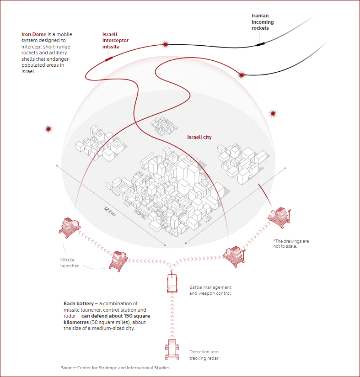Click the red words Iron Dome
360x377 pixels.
[x=34, y=34]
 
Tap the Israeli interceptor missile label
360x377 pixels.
[x=115, y=40]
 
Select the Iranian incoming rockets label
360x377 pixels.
[x=263, y=22]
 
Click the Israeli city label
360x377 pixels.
[x=199, y=137]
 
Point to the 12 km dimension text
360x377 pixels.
[x=110, y=211]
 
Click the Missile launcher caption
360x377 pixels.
[x=70, y=263]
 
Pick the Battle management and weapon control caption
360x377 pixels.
[x=210, y=290]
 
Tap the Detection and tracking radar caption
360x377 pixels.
[x=204, y=355]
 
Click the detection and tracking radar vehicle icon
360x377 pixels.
[x=172, y=349]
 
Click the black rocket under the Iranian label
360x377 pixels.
[x=260, y=44]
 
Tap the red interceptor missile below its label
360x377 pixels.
[x=109, y=58]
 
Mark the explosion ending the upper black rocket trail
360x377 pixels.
[x=166, y=44]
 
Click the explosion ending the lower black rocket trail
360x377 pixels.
[x=242, y=75]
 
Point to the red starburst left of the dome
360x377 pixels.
[x=48, y=129]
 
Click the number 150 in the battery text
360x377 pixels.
[x=129, y=316]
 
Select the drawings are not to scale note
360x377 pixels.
[x=291, y=244]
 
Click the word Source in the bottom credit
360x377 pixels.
[x=68, y=367]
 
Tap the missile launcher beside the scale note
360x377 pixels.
[x=279, y=218]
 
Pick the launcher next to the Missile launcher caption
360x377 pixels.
[x=118, y=261]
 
